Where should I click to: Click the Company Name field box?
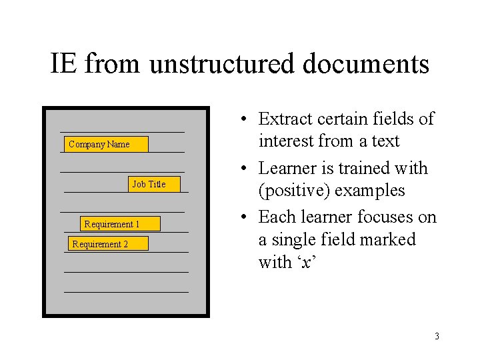[107, 144]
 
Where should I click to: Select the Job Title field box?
[155, 184]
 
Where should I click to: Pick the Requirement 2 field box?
[107, 244]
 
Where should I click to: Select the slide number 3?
[437, 336]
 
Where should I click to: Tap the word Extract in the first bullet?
[285, 119]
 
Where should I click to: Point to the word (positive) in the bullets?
[293, 190]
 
